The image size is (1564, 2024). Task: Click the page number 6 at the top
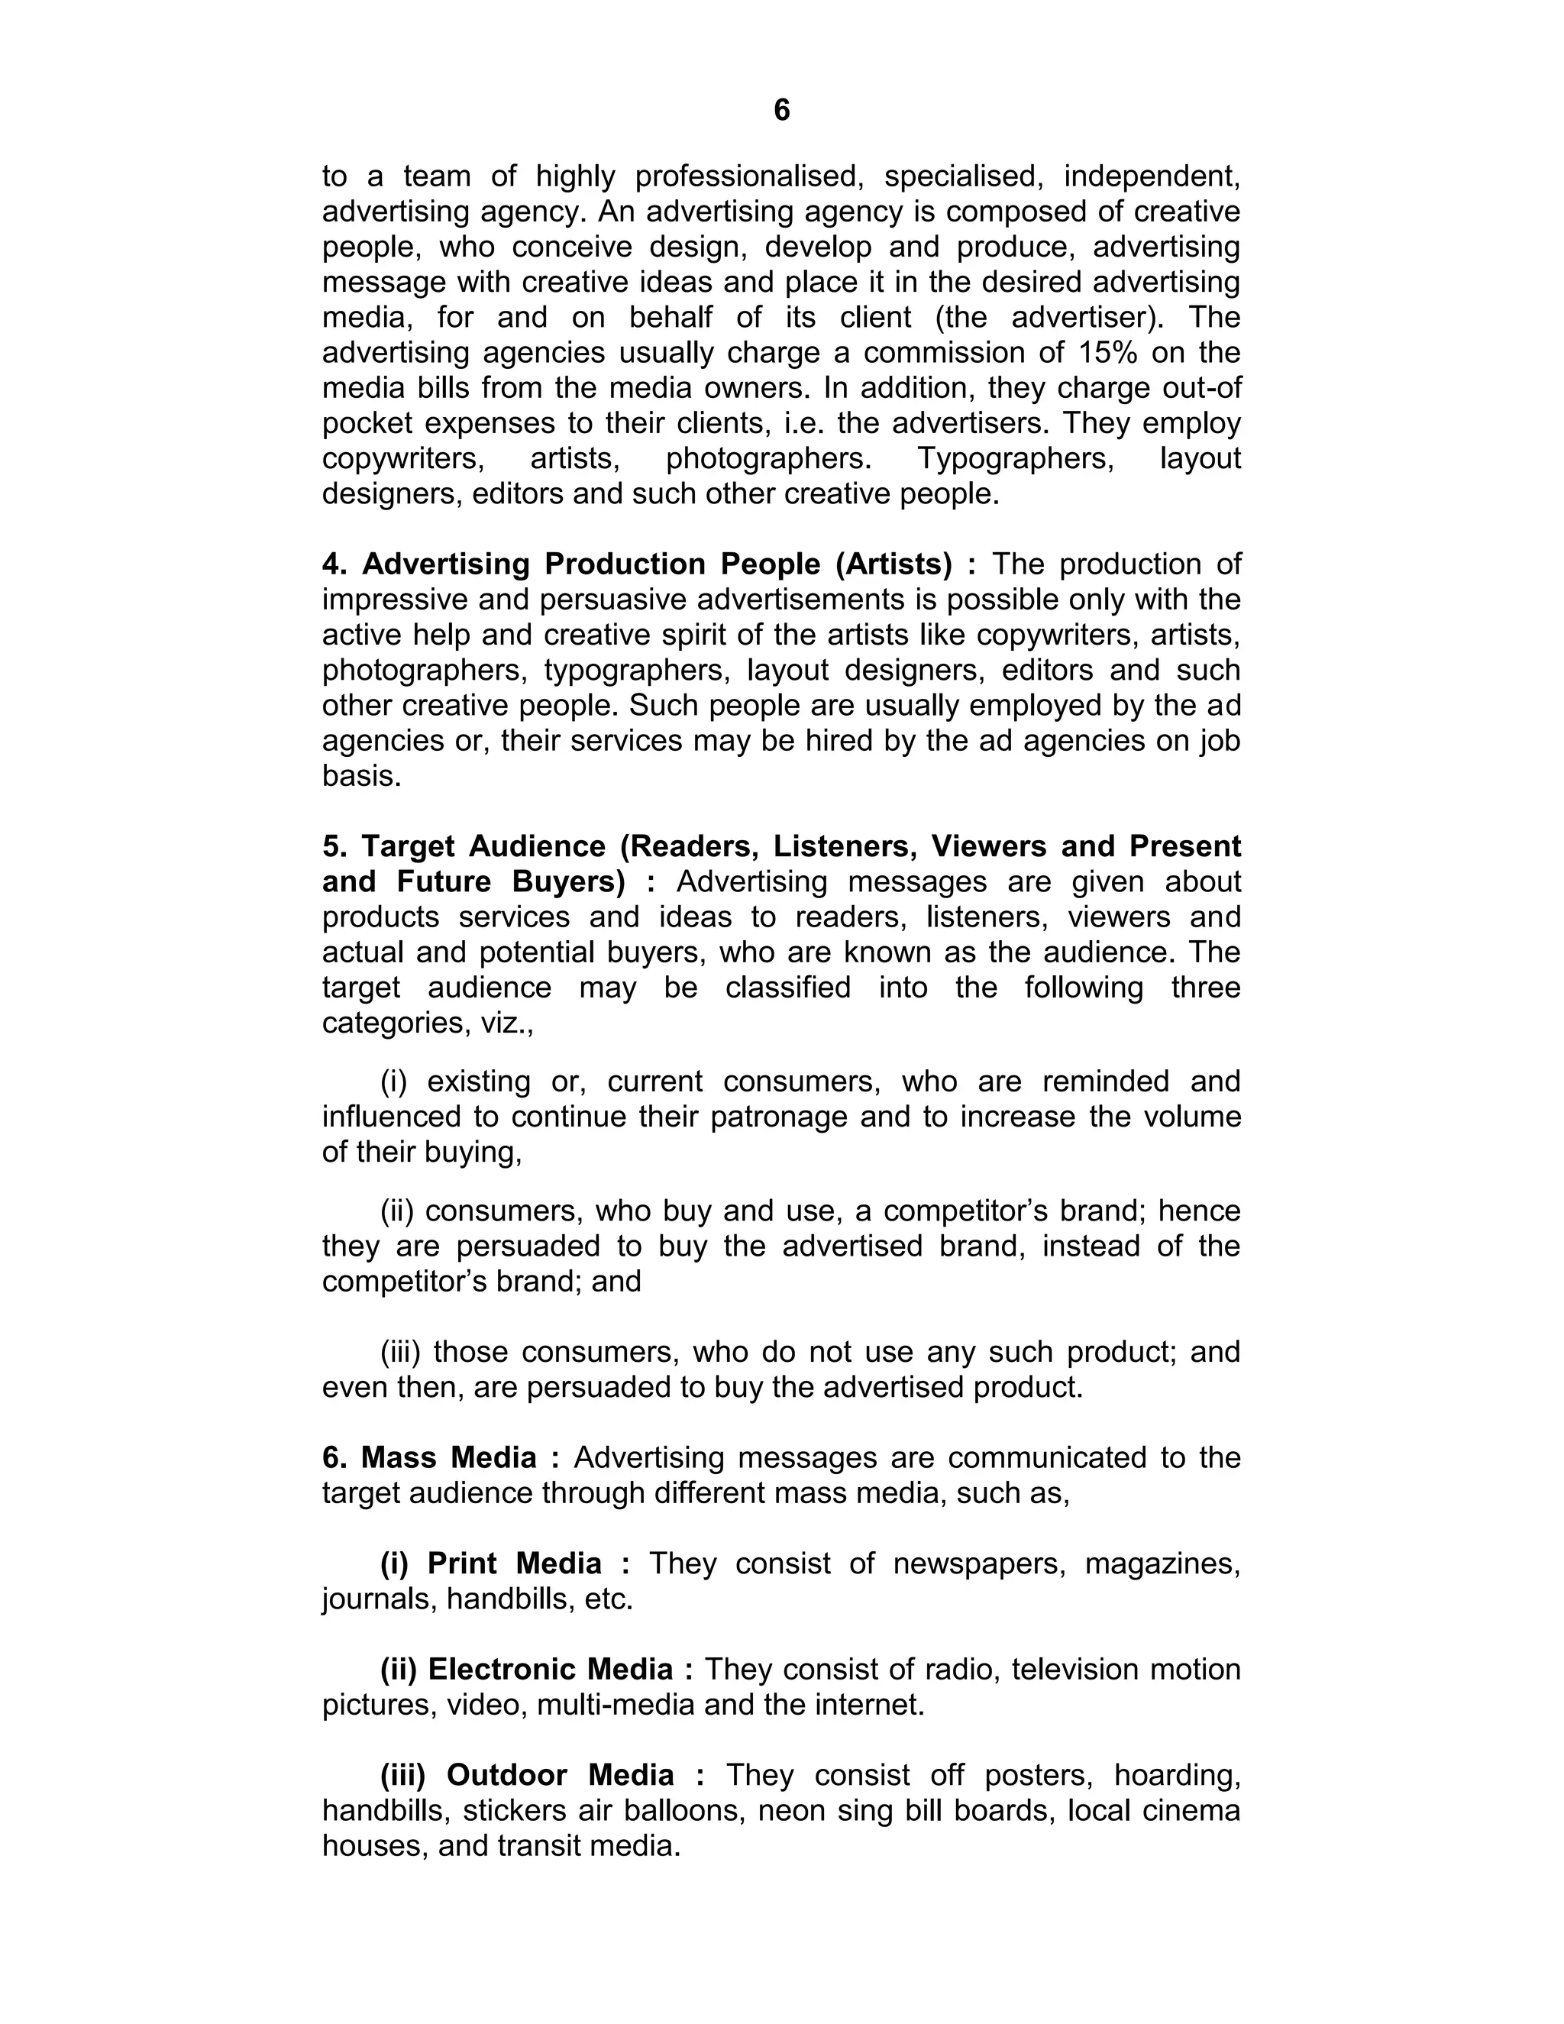(781, 110)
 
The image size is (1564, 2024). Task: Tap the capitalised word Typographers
(1016, 458)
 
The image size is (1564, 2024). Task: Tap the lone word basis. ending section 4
(361, 776)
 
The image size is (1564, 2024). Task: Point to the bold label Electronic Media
(551, 1668)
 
